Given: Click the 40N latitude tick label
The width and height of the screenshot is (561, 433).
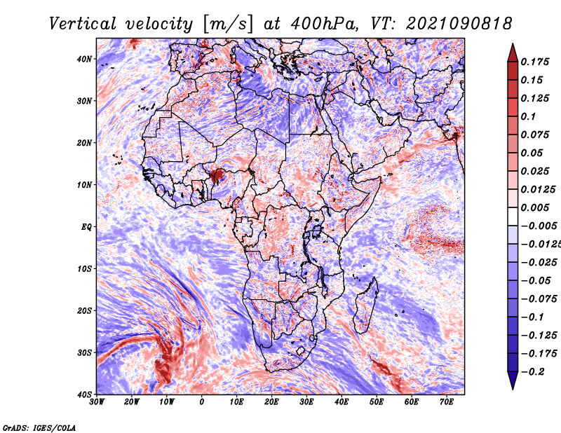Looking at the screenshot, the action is coord(84,59).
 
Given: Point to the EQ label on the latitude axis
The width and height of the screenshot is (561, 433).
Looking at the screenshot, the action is coord(86,227).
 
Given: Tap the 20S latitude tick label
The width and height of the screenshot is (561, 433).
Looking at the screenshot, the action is coord(84,310).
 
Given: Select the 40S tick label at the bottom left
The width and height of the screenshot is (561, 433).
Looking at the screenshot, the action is coord(84,394).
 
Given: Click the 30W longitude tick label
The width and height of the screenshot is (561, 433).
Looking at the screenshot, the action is coord(97,402).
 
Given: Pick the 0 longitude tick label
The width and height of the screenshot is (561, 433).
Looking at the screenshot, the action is coord(202,402).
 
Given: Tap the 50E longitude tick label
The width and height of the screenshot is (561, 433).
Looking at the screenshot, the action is coord(377,402).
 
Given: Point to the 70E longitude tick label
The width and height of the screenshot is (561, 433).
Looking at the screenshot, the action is coord(447,402).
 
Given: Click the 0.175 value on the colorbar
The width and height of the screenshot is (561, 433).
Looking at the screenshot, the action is coord(534,62).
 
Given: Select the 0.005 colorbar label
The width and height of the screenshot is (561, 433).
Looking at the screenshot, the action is coord(534,207).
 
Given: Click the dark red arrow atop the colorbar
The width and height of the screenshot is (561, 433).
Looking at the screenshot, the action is coord(513,53).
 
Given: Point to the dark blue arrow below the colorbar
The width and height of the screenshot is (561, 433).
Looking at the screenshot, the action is coord(513,380).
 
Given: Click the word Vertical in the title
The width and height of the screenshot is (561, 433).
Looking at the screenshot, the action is coord(82,24).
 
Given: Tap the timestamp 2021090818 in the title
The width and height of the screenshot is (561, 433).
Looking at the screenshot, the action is coord(459,24).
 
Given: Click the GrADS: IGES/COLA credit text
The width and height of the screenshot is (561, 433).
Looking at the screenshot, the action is coord(39,427).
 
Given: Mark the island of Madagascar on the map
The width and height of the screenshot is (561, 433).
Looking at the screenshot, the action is coord(365,305).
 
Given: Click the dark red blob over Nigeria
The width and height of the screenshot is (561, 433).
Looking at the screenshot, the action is coord(217,176).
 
